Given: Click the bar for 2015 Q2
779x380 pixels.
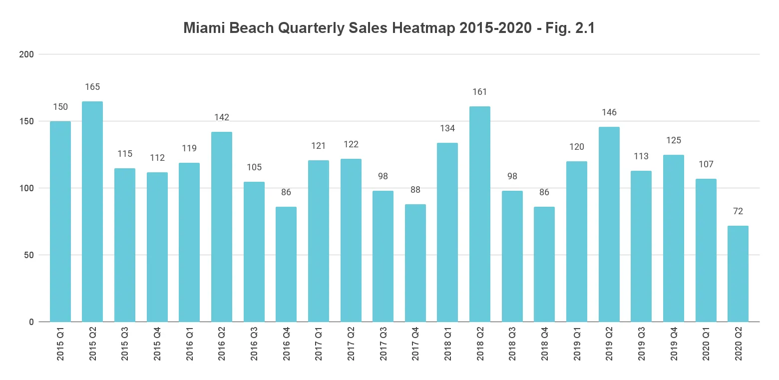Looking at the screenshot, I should click(92, 212).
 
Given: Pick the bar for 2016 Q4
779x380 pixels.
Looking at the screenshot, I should click(286, 264).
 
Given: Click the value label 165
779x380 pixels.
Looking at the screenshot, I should click(92, 87).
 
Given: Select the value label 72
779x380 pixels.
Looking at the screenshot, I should click(738, 211).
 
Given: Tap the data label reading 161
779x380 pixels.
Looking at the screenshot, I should click(480, 92).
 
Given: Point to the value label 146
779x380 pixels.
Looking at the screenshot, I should click(609, 112).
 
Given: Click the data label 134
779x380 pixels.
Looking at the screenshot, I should click(447, 128).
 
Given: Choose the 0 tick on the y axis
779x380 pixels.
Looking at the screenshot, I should click(31, 322).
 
